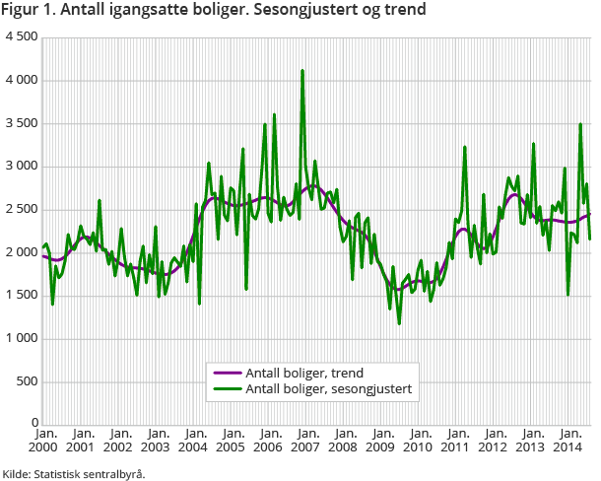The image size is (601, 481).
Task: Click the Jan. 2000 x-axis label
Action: pos(44,440)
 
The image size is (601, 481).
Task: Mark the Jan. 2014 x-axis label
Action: pos(569,440)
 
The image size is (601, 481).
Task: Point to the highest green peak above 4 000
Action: pos(302,71)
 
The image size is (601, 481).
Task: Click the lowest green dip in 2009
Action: pos(399,323)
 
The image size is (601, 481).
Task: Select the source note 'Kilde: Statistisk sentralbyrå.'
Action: pos(74,473)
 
